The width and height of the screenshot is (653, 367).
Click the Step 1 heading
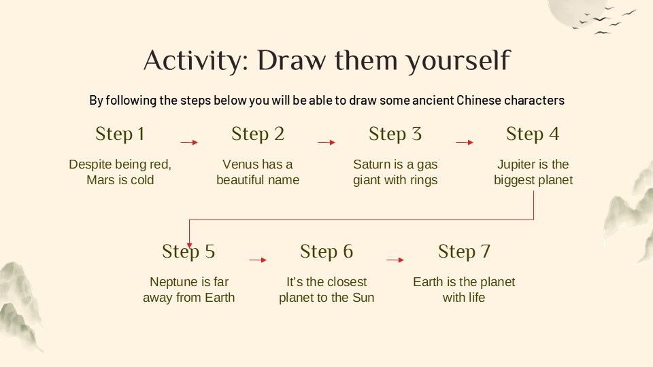(x=120, y=135)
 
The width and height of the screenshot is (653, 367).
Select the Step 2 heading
(x=258, y=135)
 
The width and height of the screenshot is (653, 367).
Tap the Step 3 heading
(x=395, y=135)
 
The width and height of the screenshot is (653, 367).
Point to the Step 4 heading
(x=533, y=135)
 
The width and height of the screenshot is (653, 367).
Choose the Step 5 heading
(x=188, y=251)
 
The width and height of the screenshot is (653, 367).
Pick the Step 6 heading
(x=326, y=251)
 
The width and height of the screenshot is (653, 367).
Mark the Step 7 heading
(x=464, y=251)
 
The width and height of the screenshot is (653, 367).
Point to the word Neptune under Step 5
(x=173, y=282)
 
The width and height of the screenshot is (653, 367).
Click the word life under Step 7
(x=475, y=298)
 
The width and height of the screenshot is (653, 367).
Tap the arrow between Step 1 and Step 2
(x=188, y=143)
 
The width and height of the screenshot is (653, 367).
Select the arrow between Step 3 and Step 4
(x=464, y=143)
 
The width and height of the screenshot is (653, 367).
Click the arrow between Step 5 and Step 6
(x=258, y=260)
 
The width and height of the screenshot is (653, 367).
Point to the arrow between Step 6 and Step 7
(x=395, y=260)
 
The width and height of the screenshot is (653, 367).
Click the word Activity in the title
(x=190, y=61)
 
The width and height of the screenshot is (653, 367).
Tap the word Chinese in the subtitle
(x=463, y=101)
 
